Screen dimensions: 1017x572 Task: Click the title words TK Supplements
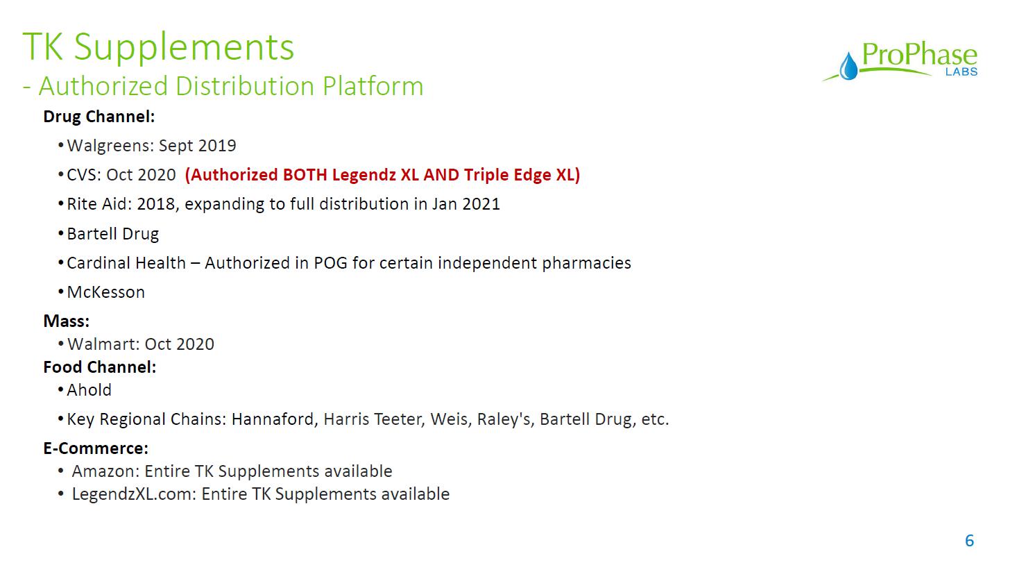click(158, 48)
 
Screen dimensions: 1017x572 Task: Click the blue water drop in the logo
click(848, 67)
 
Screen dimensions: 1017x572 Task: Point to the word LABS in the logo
click(962, 71)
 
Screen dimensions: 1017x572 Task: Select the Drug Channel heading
click(99, 117)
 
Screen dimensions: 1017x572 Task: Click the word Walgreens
click(110, 146)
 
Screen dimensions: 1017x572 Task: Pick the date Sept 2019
click(198, 146)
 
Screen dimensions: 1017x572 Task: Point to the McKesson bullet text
click(105, 292)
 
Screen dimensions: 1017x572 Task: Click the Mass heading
click(67, 321)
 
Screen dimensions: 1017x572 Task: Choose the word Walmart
click(102, 344)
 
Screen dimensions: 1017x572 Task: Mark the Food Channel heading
click(99, 367)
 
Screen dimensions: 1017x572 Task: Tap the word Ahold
click(89, 390)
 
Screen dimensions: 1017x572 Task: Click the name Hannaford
click(273, 419)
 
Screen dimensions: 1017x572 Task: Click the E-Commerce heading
click(96, 448)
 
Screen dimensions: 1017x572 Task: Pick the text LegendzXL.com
click(134, 494)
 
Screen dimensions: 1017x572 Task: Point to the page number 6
click(969, 541)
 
